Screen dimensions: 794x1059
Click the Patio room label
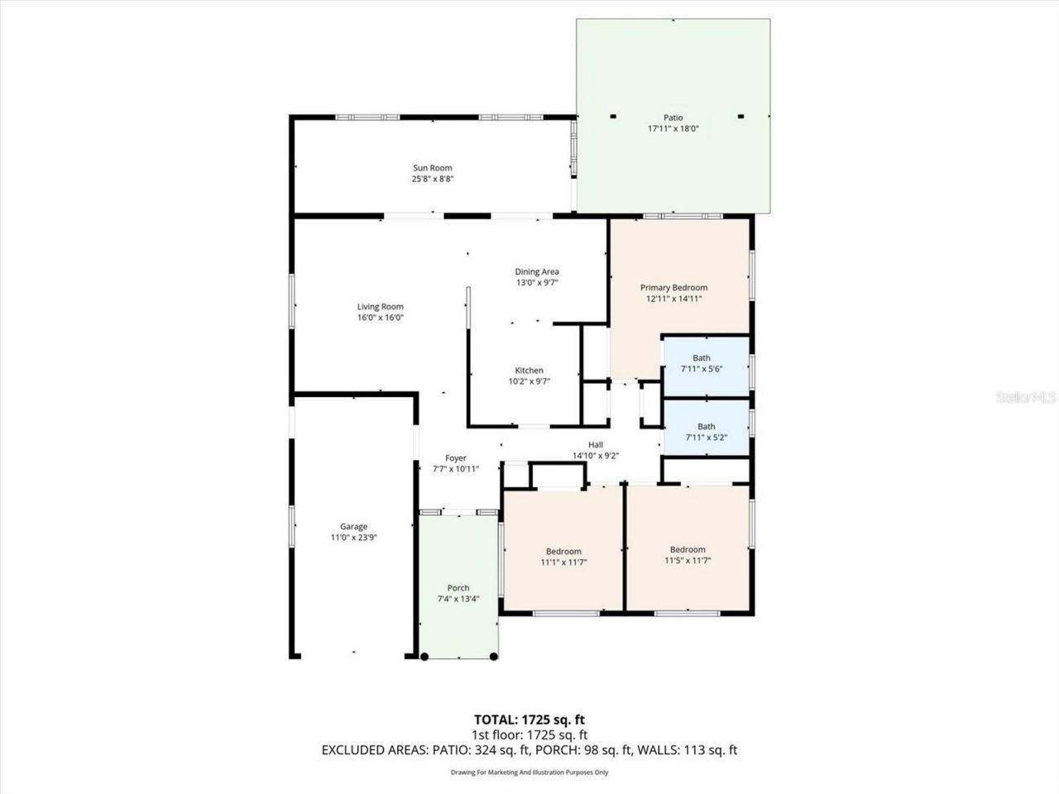click(x=673, y=117)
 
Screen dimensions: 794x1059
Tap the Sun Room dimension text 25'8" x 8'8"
click(x=433, y=179)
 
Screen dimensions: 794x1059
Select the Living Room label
click(x=380, y=307)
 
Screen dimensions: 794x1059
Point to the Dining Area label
click(x=537, y=271)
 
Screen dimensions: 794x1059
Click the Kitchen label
click(x=529, y=371)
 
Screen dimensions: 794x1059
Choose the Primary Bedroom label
click(x=673, y=288)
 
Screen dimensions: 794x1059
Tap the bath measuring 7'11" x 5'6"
click(x=702, y=363)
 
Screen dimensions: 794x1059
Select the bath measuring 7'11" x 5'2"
click(x=706, y=432)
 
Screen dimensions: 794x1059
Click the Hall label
click(x=595, y=444)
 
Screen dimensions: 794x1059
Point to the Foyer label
click(x=456, y=458)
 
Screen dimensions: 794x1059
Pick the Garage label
click(x=353, y=527)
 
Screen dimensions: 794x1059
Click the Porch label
click(x=458, y=588)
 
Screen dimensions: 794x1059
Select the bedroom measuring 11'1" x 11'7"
click(x=563, y=556)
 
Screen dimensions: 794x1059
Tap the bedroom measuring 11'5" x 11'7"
click(x=688, y=554)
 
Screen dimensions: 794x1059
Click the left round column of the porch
click(x=424, y=657)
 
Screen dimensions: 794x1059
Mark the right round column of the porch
click(x=494, y=657)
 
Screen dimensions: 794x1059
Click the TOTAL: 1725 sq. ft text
click(x=529, y=719)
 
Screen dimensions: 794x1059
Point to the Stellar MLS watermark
click(x=1025, y=398)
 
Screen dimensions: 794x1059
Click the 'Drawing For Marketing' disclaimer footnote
click(x=529, y=772)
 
